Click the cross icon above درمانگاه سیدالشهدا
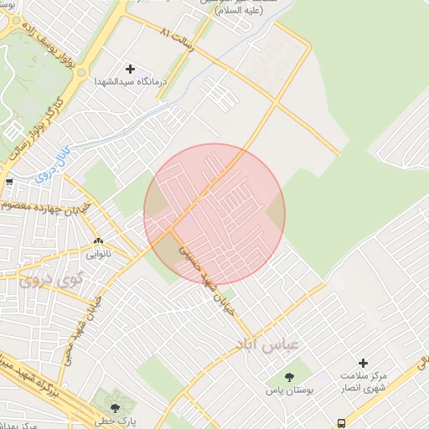(x=130, y=68)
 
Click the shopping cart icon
(x=8, y=181)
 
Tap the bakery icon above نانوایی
(x=98, y=240)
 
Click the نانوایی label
(x=98, y=251)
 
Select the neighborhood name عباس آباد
(x=268, y=345)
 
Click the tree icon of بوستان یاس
(x=290, y=377)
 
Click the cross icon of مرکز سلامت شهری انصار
(x=363, y=363)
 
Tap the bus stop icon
(x=341, y=422)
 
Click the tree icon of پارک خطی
(x=115, y=408)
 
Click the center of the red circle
(x=214, y=214)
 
